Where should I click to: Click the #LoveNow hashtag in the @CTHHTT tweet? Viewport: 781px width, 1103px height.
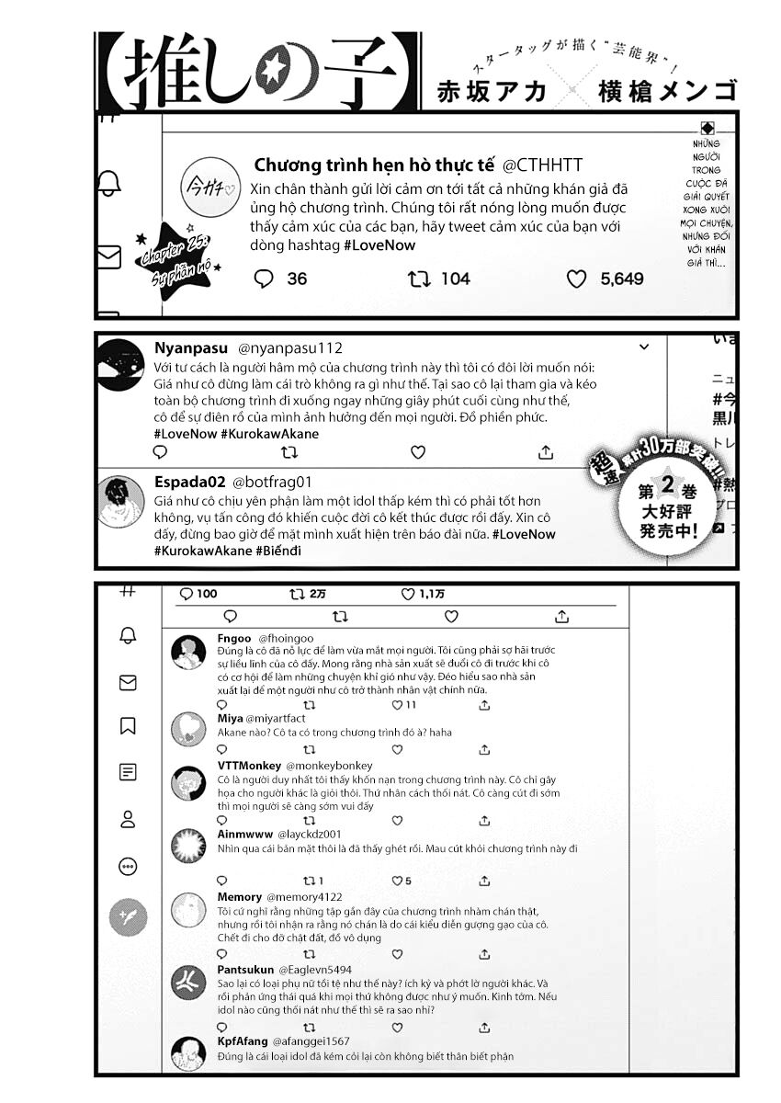pos(379,245)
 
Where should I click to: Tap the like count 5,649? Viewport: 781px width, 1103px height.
pos(622,279)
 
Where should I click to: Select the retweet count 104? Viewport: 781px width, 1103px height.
pos(455,279)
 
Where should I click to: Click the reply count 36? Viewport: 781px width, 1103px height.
pos(297,279)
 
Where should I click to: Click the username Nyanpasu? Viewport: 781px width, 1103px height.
pos(191,347)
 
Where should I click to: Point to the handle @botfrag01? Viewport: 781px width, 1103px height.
pos(273,482)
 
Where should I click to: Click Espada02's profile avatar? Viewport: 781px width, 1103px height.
pos(121,501)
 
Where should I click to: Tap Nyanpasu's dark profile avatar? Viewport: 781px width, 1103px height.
pos(121,364)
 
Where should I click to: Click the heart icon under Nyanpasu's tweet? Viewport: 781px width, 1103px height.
pos(418,452)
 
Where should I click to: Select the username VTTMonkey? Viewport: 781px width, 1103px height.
pos(249,766)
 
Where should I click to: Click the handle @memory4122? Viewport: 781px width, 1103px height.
pos(304,896)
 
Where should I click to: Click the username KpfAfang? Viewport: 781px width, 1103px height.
pos(242,1041)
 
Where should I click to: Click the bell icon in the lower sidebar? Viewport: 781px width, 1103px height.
pos(128,635)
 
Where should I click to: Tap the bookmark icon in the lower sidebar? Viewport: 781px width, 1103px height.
pos(128,726)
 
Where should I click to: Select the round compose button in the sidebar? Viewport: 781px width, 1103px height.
pos(128,916)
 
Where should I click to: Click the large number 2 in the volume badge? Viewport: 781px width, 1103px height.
pos(672,493)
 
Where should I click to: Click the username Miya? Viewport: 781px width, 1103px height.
pos(230,718)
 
